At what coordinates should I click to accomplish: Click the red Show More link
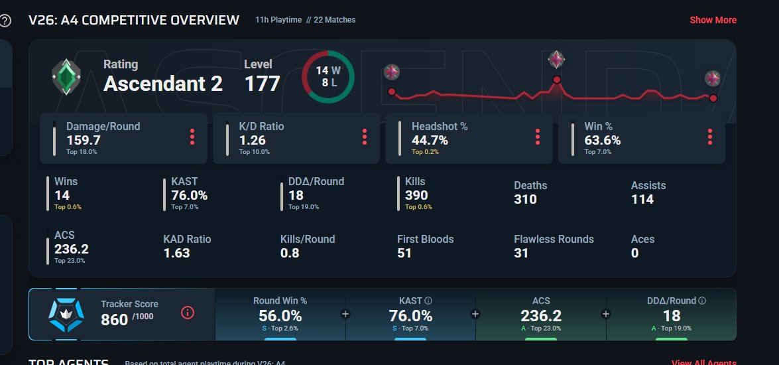point(713,20)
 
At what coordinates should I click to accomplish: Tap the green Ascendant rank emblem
point(66,77)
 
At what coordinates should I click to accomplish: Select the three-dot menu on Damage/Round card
point(192,137)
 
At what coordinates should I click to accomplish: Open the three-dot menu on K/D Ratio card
point(364,137)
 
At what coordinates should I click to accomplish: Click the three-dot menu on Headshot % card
point(537,137)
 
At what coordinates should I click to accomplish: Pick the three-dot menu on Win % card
point(710,137)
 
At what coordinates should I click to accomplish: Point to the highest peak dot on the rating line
point(556,80)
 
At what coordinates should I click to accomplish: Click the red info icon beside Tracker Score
point(188,313)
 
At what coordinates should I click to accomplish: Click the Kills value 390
point(416,195)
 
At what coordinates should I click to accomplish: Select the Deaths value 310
point(525,199)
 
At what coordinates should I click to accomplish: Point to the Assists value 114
point(642,199)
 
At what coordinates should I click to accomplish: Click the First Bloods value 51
point(404,253)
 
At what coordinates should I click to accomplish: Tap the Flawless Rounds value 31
point(520,253)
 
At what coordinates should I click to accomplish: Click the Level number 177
point(263,84)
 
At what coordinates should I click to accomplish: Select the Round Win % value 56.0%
point(280,316)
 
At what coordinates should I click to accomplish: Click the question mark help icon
point(5,21)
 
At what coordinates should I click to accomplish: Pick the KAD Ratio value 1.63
point(177,253)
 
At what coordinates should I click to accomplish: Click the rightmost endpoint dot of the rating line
point(713,98)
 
